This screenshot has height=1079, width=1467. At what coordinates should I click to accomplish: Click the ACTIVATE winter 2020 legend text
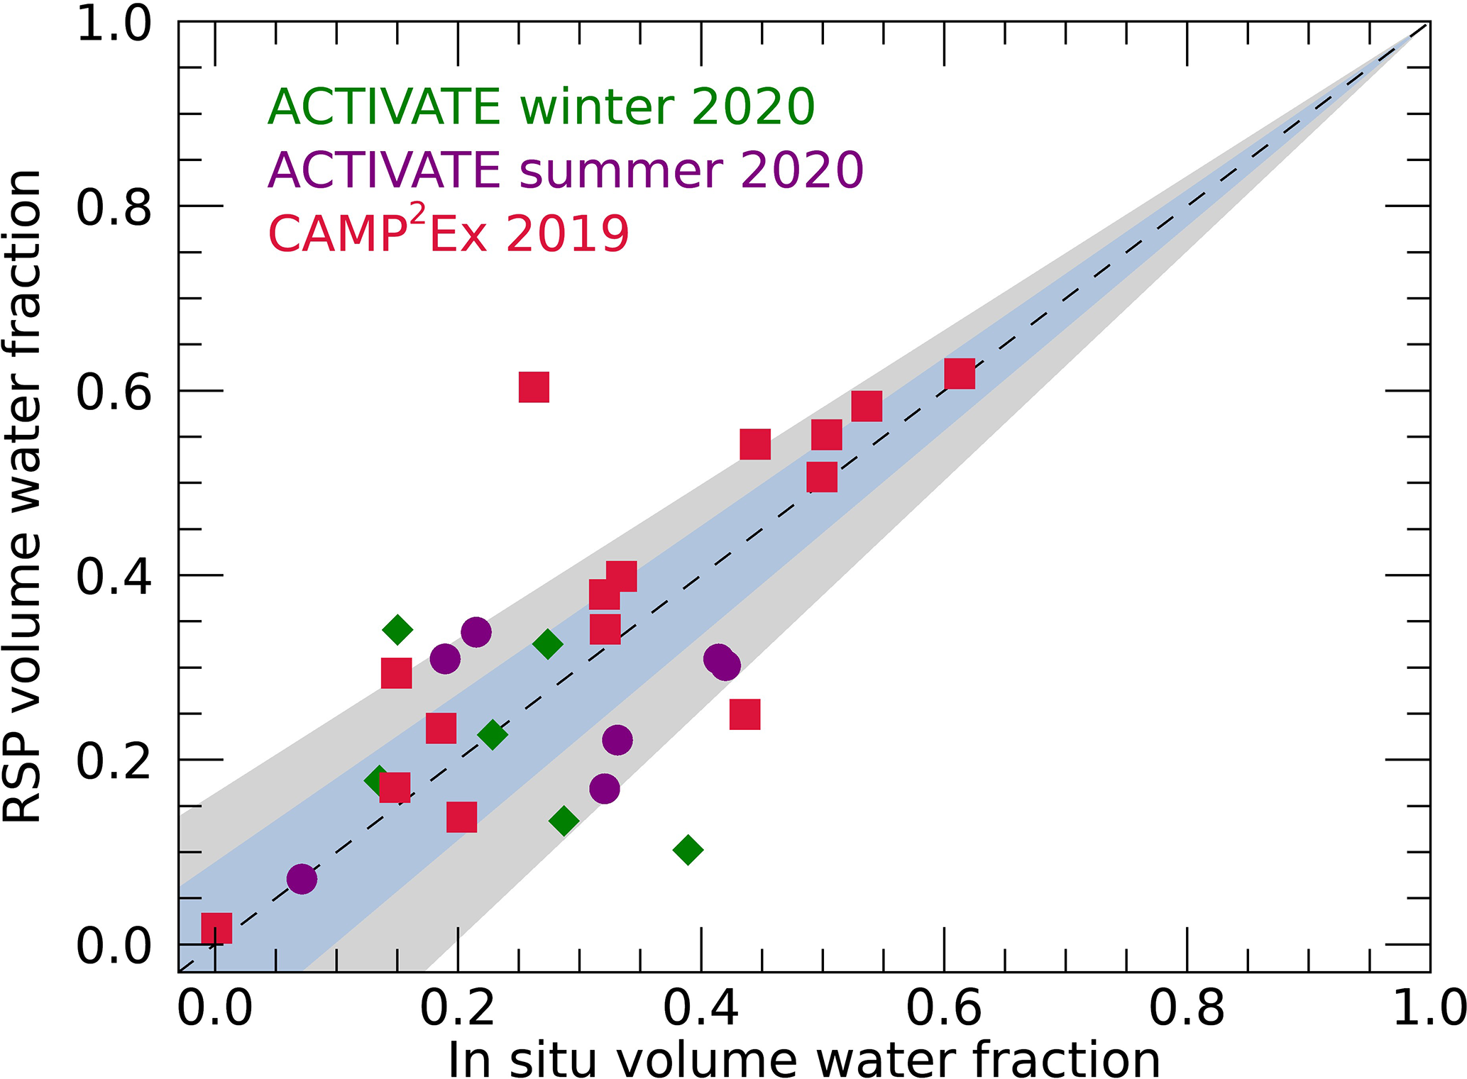(x=541, y=107)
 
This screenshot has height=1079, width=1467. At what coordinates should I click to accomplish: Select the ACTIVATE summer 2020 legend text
(x=565, y=171)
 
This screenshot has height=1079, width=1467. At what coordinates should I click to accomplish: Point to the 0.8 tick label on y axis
(x=114, y=207)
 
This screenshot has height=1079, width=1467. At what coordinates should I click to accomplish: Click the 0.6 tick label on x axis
(x=944, y=1007)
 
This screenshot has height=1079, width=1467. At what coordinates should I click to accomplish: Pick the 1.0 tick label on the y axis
(x=114, y=24)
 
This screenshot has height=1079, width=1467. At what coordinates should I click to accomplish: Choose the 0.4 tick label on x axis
(x=701, y=1007)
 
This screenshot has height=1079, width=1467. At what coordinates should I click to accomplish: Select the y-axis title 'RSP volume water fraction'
(x=23, y=497)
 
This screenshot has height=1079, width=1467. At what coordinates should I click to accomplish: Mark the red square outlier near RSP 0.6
(x=534, y=387)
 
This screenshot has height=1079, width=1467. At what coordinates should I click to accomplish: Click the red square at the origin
(x=216, y=929)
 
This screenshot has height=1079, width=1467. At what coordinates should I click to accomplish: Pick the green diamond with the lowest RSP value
(x=687, y=849)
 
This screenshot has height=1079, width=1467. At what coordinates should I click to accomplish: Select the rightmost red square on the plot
(x=960, y=374)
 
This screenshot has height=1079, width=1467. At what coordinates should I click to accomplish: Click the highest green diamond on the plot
(x=397, y=629)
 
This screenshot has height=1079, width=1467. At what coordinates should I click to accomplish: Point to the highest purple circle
(x=476, y=631)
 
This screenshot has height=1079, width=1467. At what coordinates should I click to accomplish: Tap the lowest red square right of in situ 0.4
(x=745, y=714)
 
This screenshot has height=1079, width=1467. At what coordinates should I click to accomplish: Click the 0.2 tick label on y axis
(x=114, y=761)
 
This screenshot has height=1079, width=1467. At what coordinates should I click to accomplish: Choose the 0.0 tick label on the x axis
(x=214, y=1007)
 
